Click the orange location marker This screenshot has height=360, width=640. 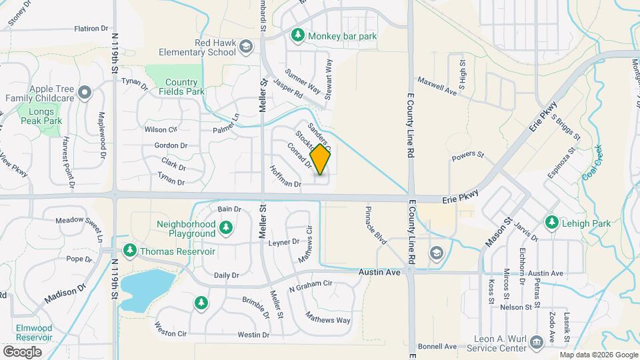321,160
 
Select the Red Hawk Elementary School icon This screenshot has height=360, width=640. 246,46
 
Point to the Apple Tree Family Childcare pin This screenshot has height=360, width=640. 85,92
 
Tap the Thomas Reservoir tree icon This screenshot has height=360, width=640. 129,251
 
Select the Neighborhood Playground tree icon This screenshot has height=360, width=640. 227,229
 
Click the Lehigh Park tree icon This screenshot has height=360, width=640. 551,223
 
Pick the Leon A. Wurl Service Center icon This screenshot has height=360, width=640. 535,343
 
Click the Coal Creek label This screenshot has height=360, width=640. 591,163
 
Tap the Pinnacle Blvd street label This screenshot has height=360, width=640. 375,223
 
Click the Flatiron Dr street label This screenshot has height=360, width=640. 91,29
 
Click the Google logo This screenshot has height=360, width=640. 22,351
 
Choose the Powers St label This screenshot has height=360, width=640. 467,157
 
